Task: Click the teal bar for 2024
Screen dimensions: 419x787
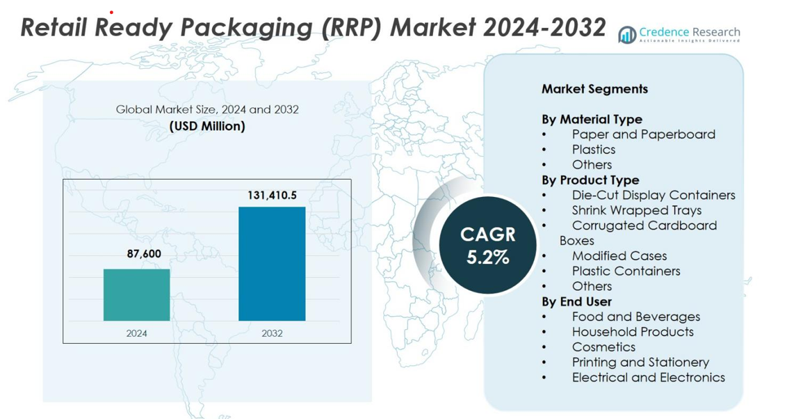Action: (136, 294)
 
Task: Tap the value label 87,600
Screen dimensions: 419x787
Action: (144, 254)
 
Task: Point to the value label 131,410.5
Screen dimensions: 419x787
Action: (272, 196)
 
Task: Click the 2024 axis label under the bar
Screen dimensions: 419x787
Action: (136, 333)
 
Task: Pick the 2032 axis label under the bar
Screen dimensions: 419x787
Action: (272, 333)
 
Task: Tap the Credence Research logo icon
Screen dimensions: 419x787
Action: (627, 35)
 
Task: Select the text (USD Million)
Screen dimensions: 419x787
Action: (207, 126)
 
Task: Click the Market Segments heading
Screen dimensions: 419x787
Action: (594, 89)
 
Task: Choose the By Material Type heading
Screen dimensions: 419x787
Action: (592, 119)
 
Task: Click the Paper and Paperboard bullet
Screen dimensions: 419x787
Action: (643, 134)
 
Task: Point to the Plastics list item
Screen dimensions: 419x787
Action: (594, 150)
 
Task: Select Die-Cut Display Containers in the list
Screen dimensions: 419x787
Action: (653, 195)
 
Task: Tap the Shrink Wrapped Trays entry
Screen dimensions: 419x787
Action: (636, 210)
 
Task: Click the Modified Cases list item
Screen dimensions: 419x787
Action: (619, 256)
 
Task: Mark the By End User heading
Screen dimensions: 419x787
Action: (576, 301)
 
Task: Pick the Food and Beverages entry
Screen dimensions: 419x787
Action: (635, 317)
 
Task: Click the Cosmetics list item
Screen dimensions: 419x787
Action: (603, 347)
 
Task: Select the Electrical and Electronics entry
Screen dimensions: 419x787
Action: (648, 377)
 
